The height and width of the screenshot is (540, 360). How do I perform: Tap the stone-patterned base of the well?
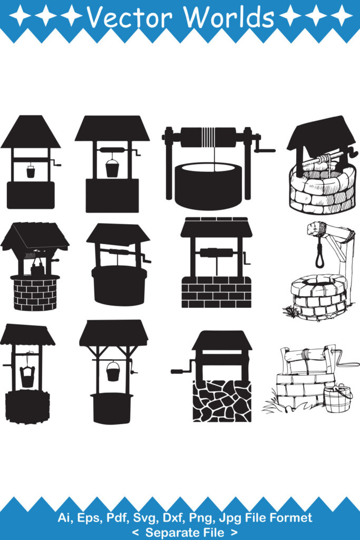[x=222, y=401]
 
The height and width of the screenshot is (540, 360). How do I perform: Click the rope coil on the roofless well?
[x=209, y=137]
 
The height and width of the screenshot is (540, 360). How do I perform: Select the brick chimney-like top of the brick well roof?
[x=216, y=219]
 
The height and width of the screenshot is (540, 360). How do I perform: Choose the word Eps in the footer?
[x=90, y=517]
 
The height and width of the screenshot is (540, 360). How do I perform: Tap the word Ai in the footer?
[x=65, y=517]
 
